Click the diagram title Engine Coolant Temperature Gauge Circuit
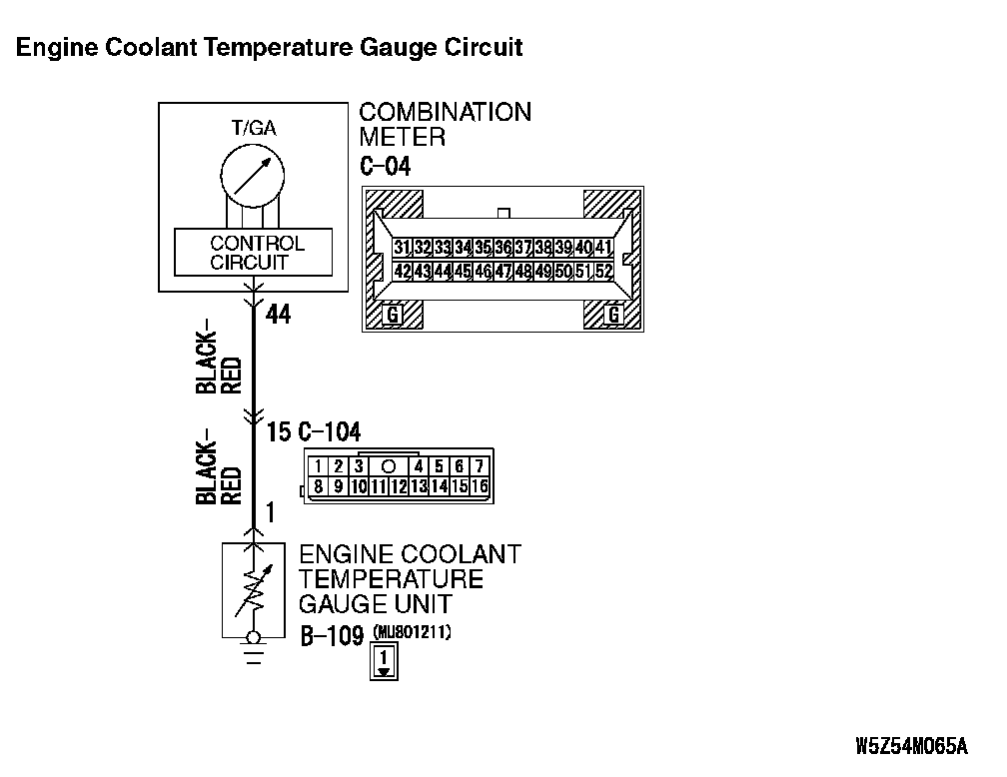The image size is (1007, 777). pyautogui.click(x=269, y=47)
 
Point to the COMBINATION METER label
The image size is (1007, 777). pyautogui.click(x=445, y=124)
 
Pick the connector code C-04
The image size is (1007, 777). pyautogui.click(x=385, y=166)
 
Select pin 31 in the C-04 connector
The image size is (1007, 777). pyautogui.click(x=402, y=247)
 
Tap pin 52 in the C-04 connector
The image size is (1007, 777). pyautogui.click(x=603, y=271)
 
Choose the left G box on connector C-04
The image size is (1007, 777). pyautogui.click(x=393, y=316)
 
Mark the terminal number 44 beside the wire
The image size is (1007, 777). pyautogui.click(x=278, y=316)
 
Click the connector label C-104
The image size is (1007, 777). pyautogui.click(x=330, y=431)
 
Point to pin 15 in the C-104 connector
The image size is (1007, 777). pyautogui.click(x=460, y=486)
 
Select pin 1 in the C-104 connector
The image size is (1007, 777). pyautogui.click(x=316, y=466)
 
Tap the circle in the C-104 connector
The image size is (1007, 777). pyautogui.click(x=388, y=466)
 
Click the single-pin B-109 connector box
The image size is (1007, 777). pyautogui.click(x=385, y=662)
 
